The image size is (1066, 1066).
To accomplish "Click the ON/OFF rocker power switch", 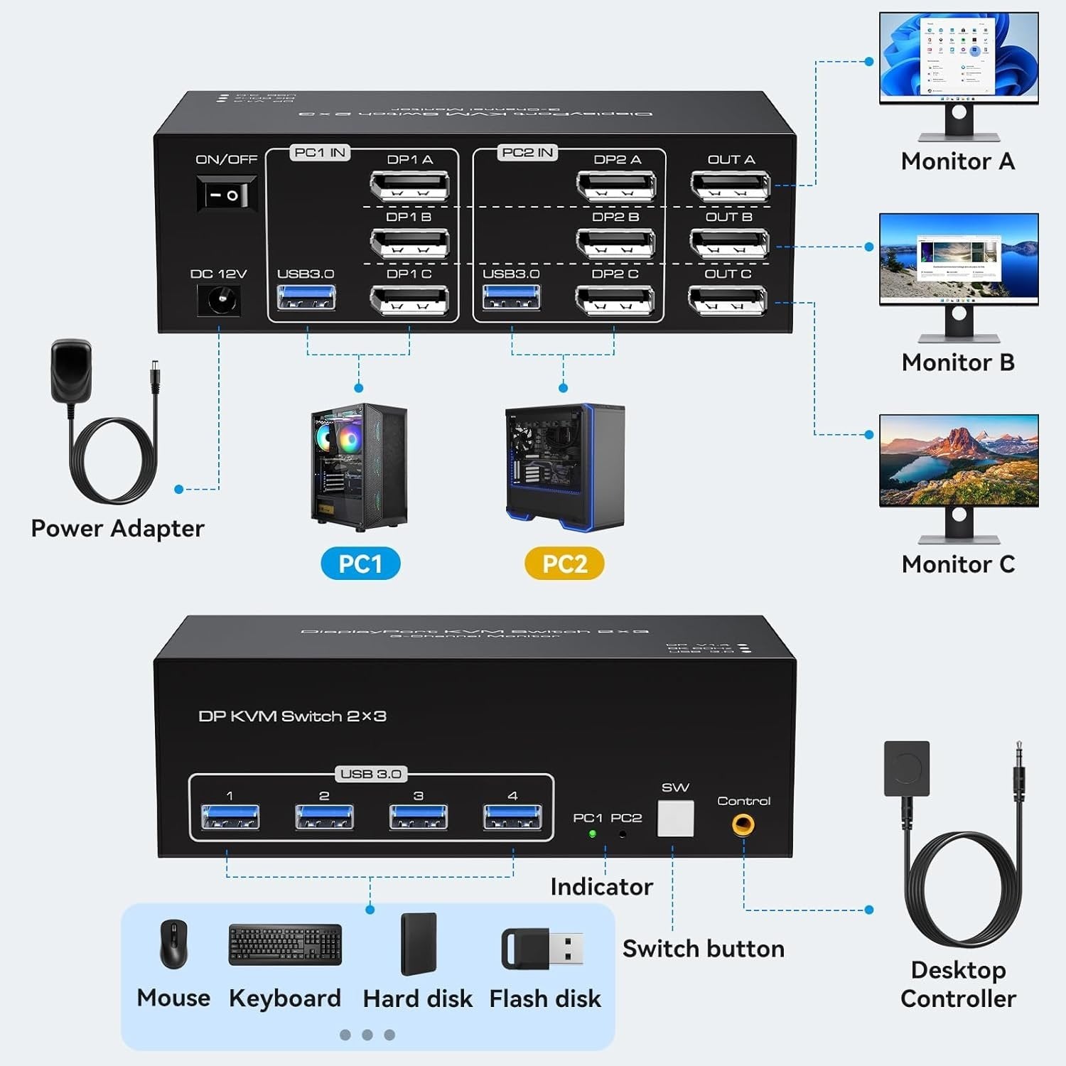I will [x=226, y=194].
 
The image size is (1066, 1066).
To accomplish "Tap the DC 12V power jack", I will [x=219, y=301].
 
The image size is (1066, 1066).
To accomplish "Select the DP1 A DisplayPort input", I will [x=409, y=186].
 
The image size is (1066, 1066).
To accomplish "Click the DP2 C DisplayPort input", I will [x=615, y=300].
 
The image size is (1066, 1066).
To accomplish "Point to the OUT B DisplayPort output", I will [x=729, y=243].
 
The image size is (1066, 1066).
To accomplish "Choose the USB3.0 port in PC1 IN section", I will [x=306, y=297].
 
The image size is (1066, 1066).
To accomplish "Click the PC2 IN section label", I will [x=527, y=152].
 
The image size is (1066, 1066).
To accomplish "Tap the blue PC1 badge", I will [x=360, y=564].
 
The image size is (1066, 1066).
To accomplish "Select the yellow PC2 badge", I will [x=564, y=564].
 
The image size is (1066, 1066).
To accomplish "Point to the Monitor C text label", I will [x=958, y=564].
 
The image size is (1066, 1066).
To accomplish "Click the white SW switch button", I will [x=675, y=819].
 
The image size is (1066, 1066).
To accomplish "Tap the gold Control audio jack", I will [x=743, y=825].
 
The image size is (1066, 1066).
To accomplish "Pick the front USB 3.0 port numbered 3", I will [x=419, y=817].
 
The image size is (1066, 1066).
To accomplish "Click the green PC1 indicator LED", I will [x=592, y=834].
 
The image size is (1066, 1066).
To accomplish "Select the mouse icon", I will [x=173, y=944].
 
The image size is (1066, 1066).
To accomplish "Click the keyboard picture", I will [x=285, y=944].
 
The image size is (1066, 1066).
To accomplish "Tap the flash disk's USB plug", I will [x=566, y=949].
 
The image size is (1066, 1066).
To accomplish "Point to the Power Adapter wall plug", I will [x=71, y=370].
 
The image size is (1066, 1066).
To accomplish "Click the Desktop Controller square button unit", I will [x=907, y=768].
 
